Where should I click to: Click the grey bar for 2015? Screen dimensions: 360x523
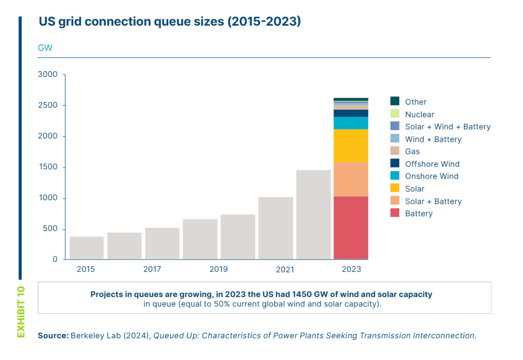coord(87,248)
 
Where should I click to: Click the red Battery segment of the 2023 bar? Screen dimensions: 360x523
coord(351,227)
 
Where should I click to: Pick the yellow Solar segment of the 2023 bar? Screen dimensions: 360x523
coord(351,145)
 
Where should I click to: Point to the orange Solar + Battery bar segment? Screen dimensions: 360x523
coord(351,179)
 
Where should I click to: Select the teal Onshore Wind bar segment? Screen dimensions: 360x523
coord(351,123)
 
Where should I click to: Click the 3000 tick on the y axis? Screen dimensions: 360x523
coord(48,75)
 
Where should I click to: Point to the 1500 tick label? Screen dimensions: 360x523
coord(48,167)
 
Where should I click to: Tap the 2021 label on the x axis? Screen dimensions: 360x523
coord(285,270)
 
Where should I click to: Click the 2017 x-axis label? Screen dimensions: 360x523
coord(152,270)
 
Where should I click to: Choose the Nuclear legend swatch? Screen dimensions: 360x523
coord(395,114)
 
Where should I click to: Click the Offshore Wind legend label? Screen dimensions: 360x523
coord(432,164)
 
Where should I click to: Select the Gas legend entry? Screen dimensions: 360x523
coord(412,151)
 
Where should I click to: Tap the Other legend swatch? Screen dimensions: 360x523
coord(395,102)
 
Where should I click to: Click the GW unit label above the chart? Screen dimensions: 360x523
coord(45,48)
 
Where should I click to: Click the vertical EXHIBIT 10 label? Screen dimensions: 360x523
coord(20,312)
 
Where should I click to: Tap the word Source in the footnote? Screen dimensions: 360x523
coord(53,335)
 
